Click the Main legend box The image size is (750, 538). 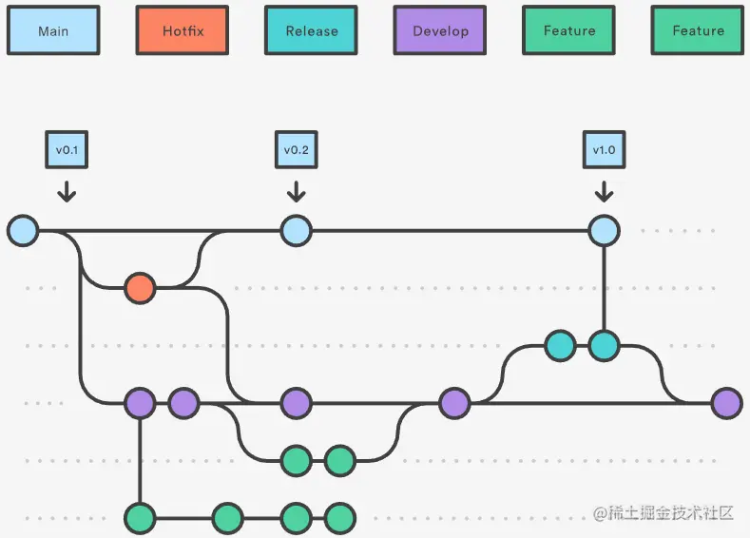pyautogui.click(x=53, y=30)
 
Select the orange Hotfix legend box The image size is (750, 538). pyautogui.click(x=183, y=30)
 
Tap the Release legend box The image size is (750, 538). pyautogui.click(x=311, y=30)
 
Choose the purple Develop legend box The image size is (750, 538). pyautogui.click(x=440, y=30)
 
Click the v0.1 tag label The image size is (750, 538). pyautogui.click(x=67, y=149)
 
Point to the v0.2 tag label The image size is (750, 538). pyautogui.click(x=296, y=149)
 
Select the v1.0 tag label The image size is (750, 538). pyautogui.click(x=604, y=149)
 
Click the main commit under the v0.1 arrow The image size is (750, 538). pyautogui.click(x=23, y=230)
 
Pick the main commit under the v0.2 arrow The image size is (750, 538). pyautogui.click(x=296, y=230)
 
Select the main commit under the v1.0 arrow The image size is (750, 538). pyautogui.click(x=604, y=230)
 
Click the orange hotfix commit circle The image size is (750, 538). pyautogui.click(x=140, y=287)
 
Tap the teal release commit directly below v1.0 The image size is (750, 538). pyautogui.click(x=604, y=346)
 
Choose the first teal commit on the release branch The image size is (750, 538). pyautogui.click(x=560, y=346)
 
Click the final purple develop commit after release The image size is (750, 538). pyautogui.click(x=726, y=403)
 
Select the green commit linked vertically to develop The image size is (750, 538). pyautogui.click(x=140, y=518)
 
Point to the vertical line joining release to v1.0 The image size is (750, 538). pyautogui.click(x=604, y=287)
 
